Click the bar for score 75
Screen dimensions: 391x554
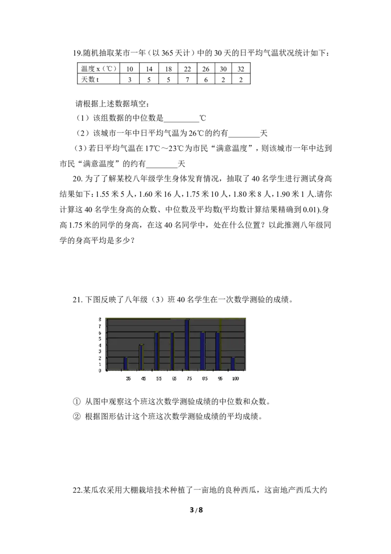click(187, 345)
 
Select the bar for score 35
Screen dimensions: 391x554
click(126, 364)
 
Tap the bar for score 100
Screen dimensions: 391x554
click(233, 364)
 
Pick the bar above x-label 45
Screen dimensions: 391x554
click(141, 358)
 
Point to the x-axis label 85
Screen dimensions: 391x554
click(205, 378)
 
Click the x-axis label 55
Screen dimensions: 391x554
click(159, 378)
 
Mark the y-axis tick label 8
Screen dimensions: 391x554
click(100, 320)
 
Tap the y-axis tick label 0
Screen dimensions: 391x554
click(100, 370)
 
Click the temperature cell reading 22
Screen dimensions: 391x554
click(187, 69)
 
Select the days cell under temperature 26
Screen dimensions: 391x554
click(206, 79)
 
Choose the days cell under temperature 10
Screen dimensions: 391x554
click(130, 79)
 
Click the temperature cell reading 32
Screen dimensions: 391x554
click(240, 69)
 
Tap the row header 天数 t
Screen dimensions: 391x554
click(90, 79)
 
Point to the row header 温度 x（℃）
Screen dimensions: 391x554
click(99, 69)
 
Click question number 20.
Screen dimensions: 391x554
click(77, 179)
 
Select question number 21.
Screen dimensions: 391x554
click(77, 300)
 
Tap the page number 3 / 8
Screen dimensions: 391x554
click(196, 510)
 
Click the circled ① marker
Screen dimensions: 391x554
click(77, 402)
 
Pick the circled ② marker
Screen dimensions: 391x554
click(77, 417)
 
